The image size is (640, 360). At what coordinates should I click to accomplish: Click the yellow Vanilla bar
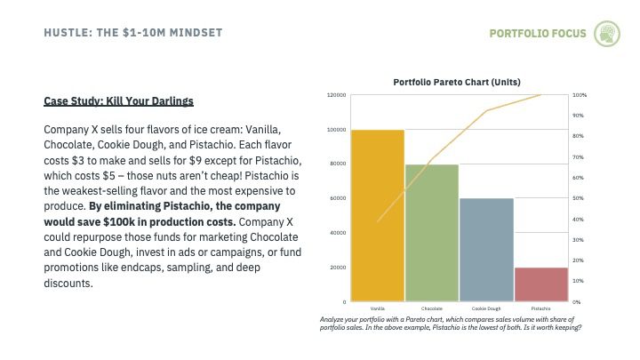click(x=378, y=215)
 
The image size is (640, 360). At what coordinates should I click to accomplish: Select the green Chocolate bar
click(x=432, y=233)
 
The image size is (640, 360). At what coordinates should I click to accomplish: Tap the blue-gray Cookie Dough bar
click(x=486, y=250)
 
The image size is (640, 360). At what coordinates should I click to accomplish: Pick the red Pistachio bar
click(x=541, y=284)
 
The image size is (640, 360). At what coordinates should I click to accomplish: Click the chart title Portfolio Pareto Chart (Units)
click(x=457, y=82)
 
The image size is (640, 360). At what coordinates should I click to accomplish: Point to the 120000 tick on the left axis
click(x=336, y=95)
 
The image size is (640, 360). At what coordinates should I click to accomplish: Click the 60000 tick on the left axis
click(x=338, y=198)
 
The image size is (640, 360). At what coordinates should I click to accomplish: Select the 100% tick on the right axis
click(x=580, y=95)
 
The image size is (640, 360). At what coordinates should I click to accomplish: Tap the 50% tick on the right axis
click(x=578, y=198)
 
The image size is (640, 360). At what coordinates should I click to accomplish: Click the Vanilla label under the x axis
click(x=378, y=308)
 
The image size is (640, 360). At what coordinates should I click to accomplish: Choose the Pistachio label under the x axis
click(x=540, y=308)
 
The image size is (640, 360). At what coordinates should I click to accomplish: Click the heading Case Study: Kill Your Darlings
click(x=119, y=101)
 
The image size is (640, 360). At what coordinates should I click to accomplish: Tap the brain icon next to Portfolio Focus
click(x=607, y=34)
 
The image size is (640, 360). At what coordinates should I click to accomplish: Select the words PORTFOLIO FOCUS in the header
click(x=538, y=34)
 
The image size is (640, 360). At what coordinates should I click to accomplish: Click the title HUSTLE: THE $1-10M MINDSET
click(x=133, y=33)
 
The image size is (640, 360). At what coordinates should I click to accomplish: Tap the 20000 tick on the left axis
click(x=338, y=268)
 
